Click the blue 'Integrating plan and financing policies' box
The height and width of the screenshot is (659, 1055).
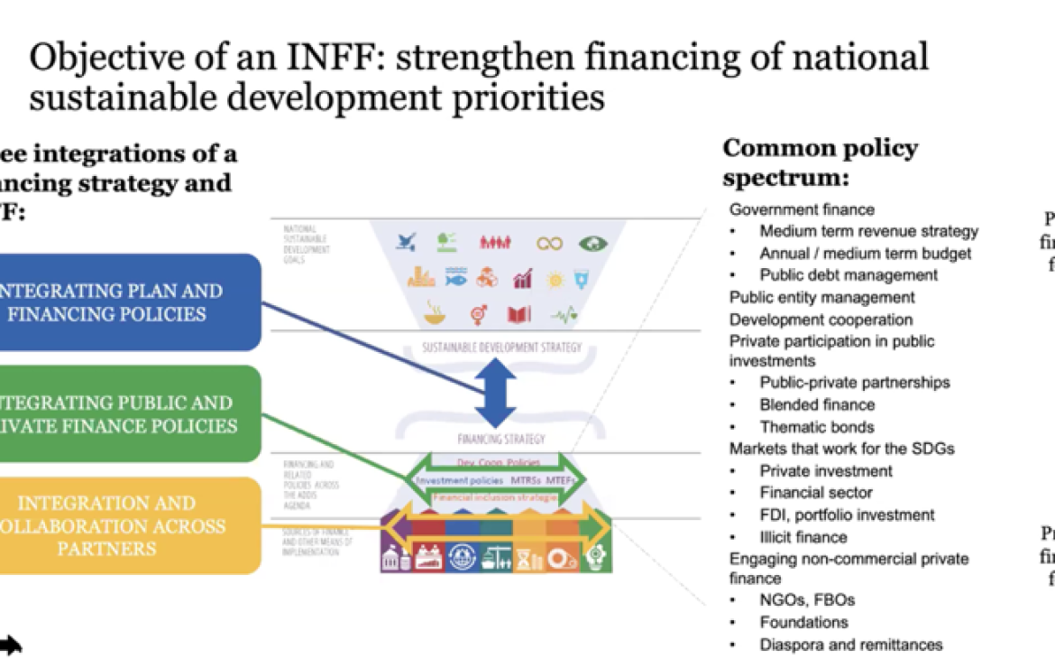click(x=126, y=302)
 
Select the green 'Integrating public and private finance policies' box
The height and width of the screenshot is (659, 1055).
click(x=126, y=414)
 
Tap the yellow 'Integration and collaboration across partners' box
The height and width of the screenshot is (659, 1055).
click(x=126, y=525)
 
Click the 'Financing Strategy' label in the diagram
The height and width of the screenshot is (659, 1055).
click(x=500, y=440)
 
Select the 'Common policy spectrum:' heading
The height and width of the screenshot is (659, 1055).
click(x=820, y=162)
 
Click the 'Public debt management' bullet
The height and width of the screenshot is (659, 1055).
click(x=848, y=275)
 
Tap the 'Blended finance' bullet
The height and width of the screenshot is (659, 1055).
click(x=817, y=404)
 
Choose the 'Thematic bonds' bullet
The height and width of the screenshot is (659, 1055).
click(x=816, y=427)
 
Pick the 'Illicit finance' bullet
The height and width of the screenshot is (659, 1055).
click(x=803, y=537)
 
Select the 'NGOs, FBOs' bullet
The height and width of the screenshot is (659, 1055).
click(x=807, y=599)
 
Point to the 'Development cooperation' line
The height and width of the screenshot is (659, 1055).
click(x=821, y=320)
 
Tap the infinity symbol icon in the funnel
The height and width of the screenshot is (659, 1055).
click(x=549, y=243)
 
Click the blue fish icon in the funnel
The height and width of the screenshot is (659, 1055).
click(x=455, y=278)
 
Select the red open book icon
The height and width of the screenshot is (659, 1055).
click(x=518, y=314)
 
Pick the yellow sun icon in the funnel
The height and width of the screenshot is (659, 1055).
click(x=555, y=280)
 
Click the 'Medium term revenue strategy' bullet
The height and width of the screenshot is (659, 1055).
click(x=868, y=231)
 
